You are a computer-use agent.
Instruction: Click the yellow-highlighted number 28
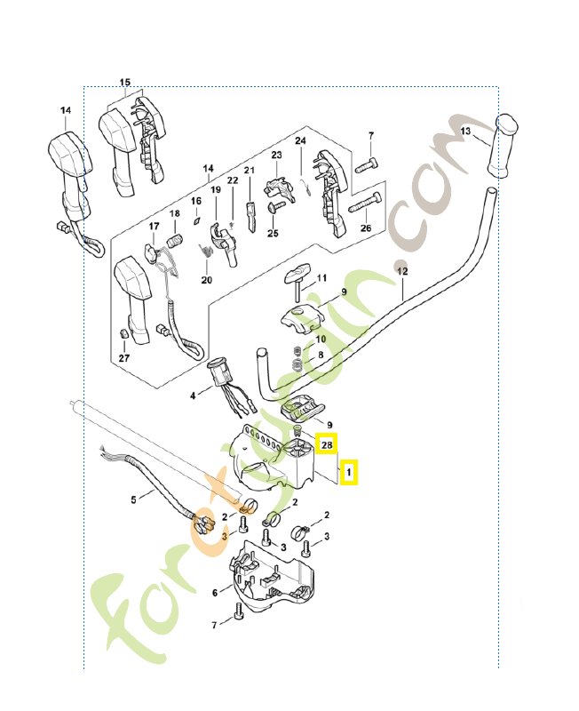click(x=327, y=445)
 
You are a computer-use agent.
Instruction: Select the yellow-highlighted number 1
click(x=348, y=472)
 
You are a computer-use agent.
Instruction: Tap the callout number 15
click(x=125, y=82)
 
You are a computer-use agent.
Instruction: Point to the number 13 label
click(x=465, y=131)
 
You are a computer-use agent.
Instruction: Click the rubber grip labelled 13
click(x=503, y=146)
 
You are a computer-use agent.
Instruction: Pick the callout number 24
click(x=300, y=141)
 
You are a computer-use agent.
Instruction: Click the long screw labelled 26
click(x=365, y=203)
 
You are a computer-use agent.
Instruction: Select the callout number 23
click(x=276, y=155)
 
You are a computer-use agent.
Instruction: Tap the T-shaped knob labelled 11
click(x=297, y=277)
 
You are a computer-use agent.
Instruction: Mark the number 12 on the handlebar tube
click(x=402, y=271)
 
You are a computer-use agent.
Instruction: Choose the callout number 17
click(x=154, y=226)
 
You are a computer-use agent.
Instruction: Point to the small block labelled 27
click(x=123, y=334)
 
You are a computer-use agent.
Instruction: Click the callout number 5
click(x=133, y=499)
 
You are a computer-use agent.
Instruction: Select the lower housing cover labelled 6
click(x=271, y=576)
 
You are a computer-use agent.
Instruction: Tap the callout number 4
click(x=193, y=395)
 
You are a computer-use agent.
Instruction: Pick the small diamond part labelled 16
click(x=196, y=220)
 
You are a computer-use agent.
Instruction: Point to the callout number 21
click(x=250, y=170)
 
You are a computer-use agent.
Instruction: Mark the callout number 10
click(x=321, y=339)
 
